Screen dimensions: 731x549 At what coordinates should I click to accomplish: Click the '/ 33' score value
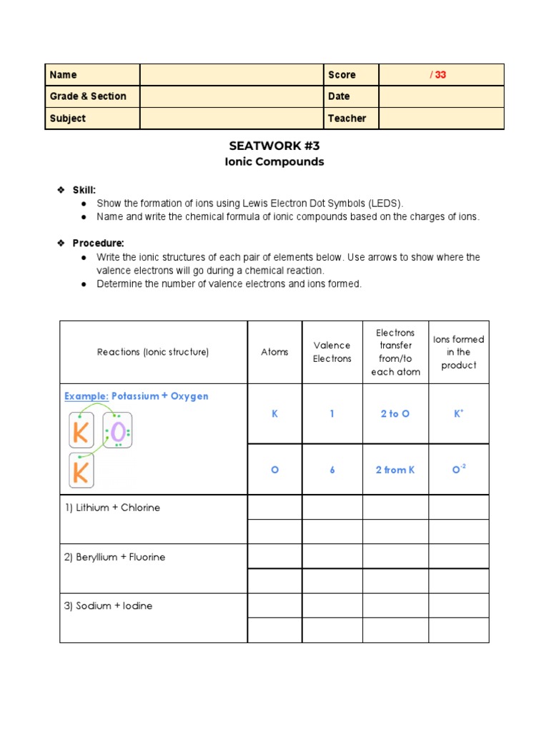coord(438,75)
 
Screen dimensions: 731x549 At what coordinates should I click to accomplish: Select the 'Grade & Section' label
coord(88,96)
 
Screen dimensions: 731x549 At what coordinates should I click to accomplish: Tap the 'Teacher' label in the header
coord(347,119)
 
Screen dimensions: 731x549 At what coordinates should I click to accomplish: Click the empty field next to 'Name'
coord(232,75)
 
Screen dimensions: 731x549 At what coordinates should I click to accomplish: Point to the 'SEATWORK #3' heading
coord(274,146)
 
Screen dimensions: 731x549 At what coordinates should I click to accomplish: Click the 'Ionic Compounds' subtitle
coord(274,162)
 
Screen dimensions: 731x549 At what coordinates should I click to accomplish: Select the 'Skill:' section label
coord(84,190)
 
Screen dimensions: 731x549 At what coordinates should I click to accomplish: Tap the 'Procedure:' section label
coord(98,243)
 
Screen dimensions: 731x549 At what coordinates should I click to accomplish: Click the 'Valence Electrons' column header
coord(332,352)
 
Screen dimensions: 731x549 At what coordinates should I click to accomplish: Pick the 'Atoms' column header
coord(274,352)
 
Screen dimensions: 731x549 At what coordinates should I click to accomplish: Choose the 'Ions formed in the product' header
coord(458,352)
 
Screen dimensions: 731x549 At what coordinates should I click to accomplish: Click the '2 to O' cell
coord(395,414)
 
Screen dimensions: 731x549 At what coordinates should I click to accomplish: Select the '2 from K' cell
coord(395,470)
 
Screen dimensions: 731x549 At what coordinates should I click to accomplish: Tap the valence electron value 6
coord(332,470)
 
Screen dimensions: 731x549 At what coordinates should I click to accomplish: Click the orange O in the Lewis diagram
coord(118,433)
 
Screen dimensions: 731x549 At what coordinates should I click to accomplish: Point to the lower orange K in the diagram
coord(81,471)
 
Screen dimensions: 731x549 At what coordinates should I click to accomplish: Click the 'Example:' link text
coord(86,396)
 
